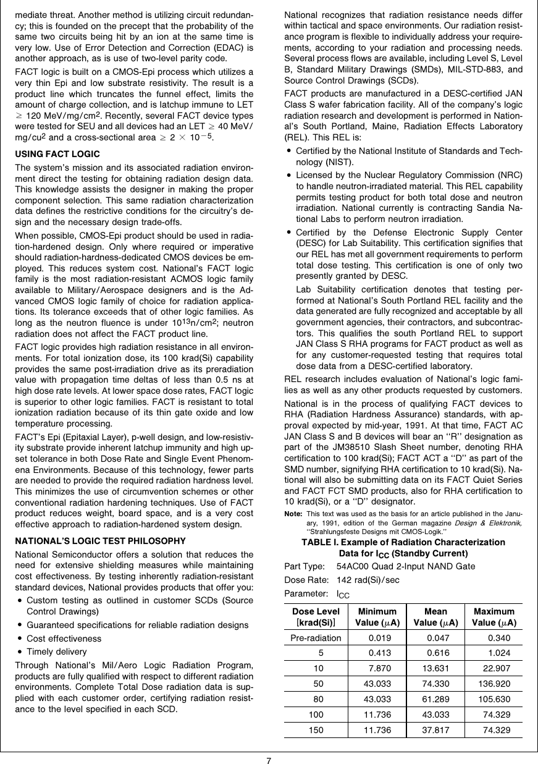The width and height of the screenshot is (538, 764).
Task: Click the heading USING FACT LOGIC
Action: coord(57,153)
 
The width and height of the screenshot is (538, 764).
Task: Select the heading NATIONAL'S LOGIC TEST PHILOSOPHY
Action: coord(100,540)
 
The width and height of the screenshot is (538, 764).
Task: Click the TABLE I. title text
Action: coord(403,542)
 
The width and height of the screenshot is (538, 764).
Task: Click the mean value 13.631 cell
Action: coord(435,669)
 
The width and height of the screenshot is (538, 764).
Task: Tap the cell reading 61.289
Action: coord(435,700)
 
